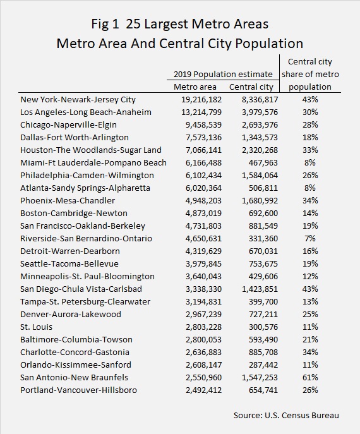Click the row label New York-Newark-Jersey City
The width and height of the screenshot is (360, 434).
tap(78, 100)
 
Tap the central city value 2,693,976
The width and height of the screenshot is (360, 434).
tap(260, 125)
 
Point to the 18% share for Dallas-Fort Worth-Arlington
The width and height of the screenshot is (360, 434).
tap(310, 138)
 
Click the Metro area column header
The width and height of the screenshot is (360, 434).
tap(195, 87)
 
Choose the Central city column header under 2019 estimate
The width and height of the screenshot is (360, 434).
tap(251, 87)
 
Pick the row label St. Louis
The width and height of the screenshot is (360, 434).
tap(36, 327)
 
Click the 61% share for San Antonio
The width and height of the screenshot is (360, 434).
tap(310, 378)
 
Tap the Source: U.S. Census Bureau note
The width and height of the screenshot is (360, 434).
tap(286, 416)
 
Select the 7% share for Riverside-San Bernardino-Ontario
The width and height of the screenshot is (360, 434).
tap(310, 239)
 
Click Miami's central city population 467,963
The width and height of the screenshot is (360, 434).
tap(263, 163)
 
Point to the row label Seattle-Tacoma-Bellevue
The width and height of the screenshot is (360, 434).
tap(69, 264)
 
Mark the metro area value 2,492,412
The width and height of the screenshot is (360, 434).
tap(203, 390)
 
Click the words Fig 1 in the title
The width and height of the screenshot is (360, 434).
tap(105, 25)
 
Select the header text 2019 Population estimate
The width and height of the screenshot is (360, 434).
tap(223, 74)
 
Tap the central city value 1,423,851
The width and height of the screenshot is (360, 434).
tap(260, 289)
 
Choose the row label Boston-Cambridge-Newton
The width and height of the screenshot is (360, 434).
tap(74, 214)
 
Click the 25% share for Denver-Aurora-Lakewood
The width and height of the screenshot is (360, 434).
tap(310, 315)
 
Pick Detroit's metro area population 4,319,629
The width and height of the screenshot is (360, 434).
tap(203, 251)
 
